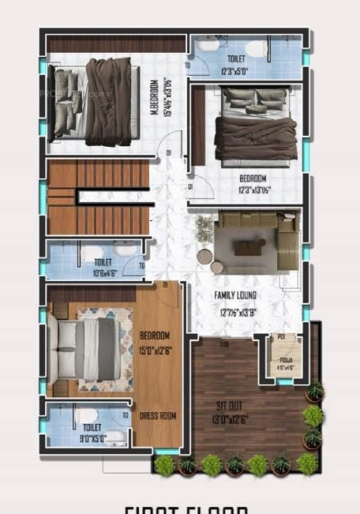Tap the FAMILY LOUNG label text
[x=235, y=295]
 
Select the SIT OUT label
[x=229, y=407]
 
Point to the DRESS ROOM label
[x=158, y=416]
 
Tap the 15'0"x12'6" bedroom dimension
[x=157, y=351]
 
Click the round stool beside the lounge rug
[x=205, y=256]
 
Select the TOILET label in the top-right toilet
[x=235, y=59]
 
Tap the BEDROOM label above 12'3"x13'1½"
[x=253, y=178]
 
